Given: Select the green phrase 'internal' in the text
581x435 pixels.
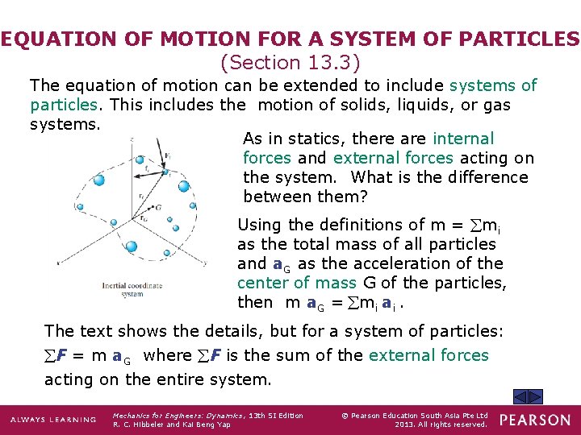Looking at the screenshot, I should click(464, 139).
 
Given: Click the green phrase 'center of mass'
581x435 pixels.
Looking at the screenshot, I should click(296, 283).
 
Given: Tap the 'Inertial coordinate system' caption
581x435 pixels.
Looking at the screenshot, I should click(123, 288).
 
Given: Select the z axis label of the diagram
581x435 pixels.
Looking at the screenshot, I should click(132, 138).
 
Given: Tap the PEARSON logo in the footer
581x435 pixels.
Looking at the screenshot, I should click(535, 420).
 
